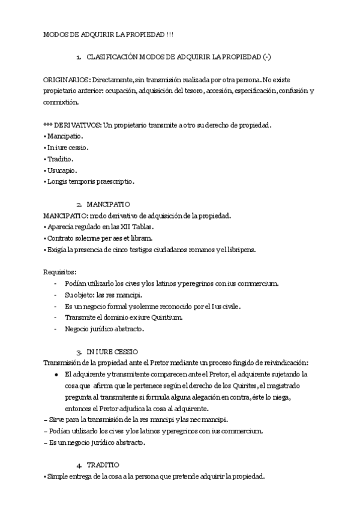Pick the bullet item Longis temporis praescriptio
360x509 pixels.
[x=89, y=181]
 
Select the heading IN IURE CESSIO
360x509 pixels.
[x=112, y=351]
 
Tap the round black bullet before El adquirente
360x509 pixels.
[x=56, y=374]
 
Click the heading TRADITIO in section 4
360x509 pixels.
[x=103, y=465]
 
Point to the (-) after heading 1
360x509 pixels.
[x=267, y=57]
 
